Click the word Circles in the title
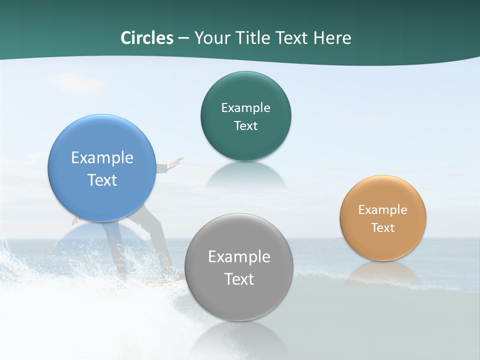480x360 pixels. (x=147, y=38)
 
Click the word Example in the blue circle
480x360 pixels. (x=102, y=158)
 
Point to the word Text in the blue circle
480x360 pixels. (x=102, y=180)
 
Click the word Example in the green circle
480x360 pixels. (x=245, y=108)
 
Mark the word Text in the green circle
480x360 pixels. (x=245, y=126)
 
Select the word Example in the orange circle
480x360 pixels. (x=383, y=210)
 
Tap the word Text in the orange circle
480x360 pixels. (x=383, y=228)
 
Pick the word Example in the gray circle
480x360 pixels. (x=239, y=257)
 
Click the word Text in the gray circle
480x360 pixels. (x=239, y=279)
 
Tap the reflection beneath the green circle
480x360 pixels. (x=246, y=175)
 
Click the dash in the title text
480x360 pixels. (x=183, y=38)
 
